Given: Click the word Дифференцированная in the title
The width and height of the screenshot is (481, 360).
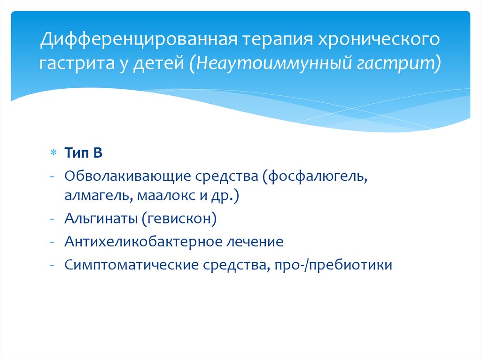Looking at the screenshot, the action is [139, 39].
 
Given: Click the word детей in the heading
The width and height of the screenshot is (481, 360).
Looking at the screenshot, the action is [158, 63].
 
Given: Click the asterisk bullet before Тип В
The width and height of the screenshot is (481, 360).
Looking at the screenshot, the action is [54, 153].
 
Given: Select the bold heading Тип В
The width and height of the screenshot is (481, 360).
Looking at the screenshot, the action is [83, 153].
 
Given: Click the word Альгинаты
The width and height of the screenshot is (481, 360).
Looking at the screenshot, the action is [101, 219].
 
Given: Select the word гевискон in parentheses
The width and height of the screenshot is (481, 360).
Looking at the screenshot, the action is [179, 219].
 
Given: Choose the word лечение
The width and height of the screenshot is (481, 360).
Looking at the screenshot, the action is [255, 242].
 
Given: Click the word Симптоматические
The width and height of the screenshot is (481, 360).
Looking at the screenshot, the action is [132, 265].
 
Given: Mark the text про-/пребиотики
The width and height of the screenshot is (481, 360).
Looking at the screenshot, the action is [334, 265].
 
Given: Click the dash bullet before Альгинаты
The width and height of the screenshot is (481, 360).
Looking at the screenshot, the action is [52, 219].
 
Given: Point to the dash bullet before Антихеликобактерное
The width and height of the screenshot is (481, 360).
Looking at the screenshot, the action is [52, 242].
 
